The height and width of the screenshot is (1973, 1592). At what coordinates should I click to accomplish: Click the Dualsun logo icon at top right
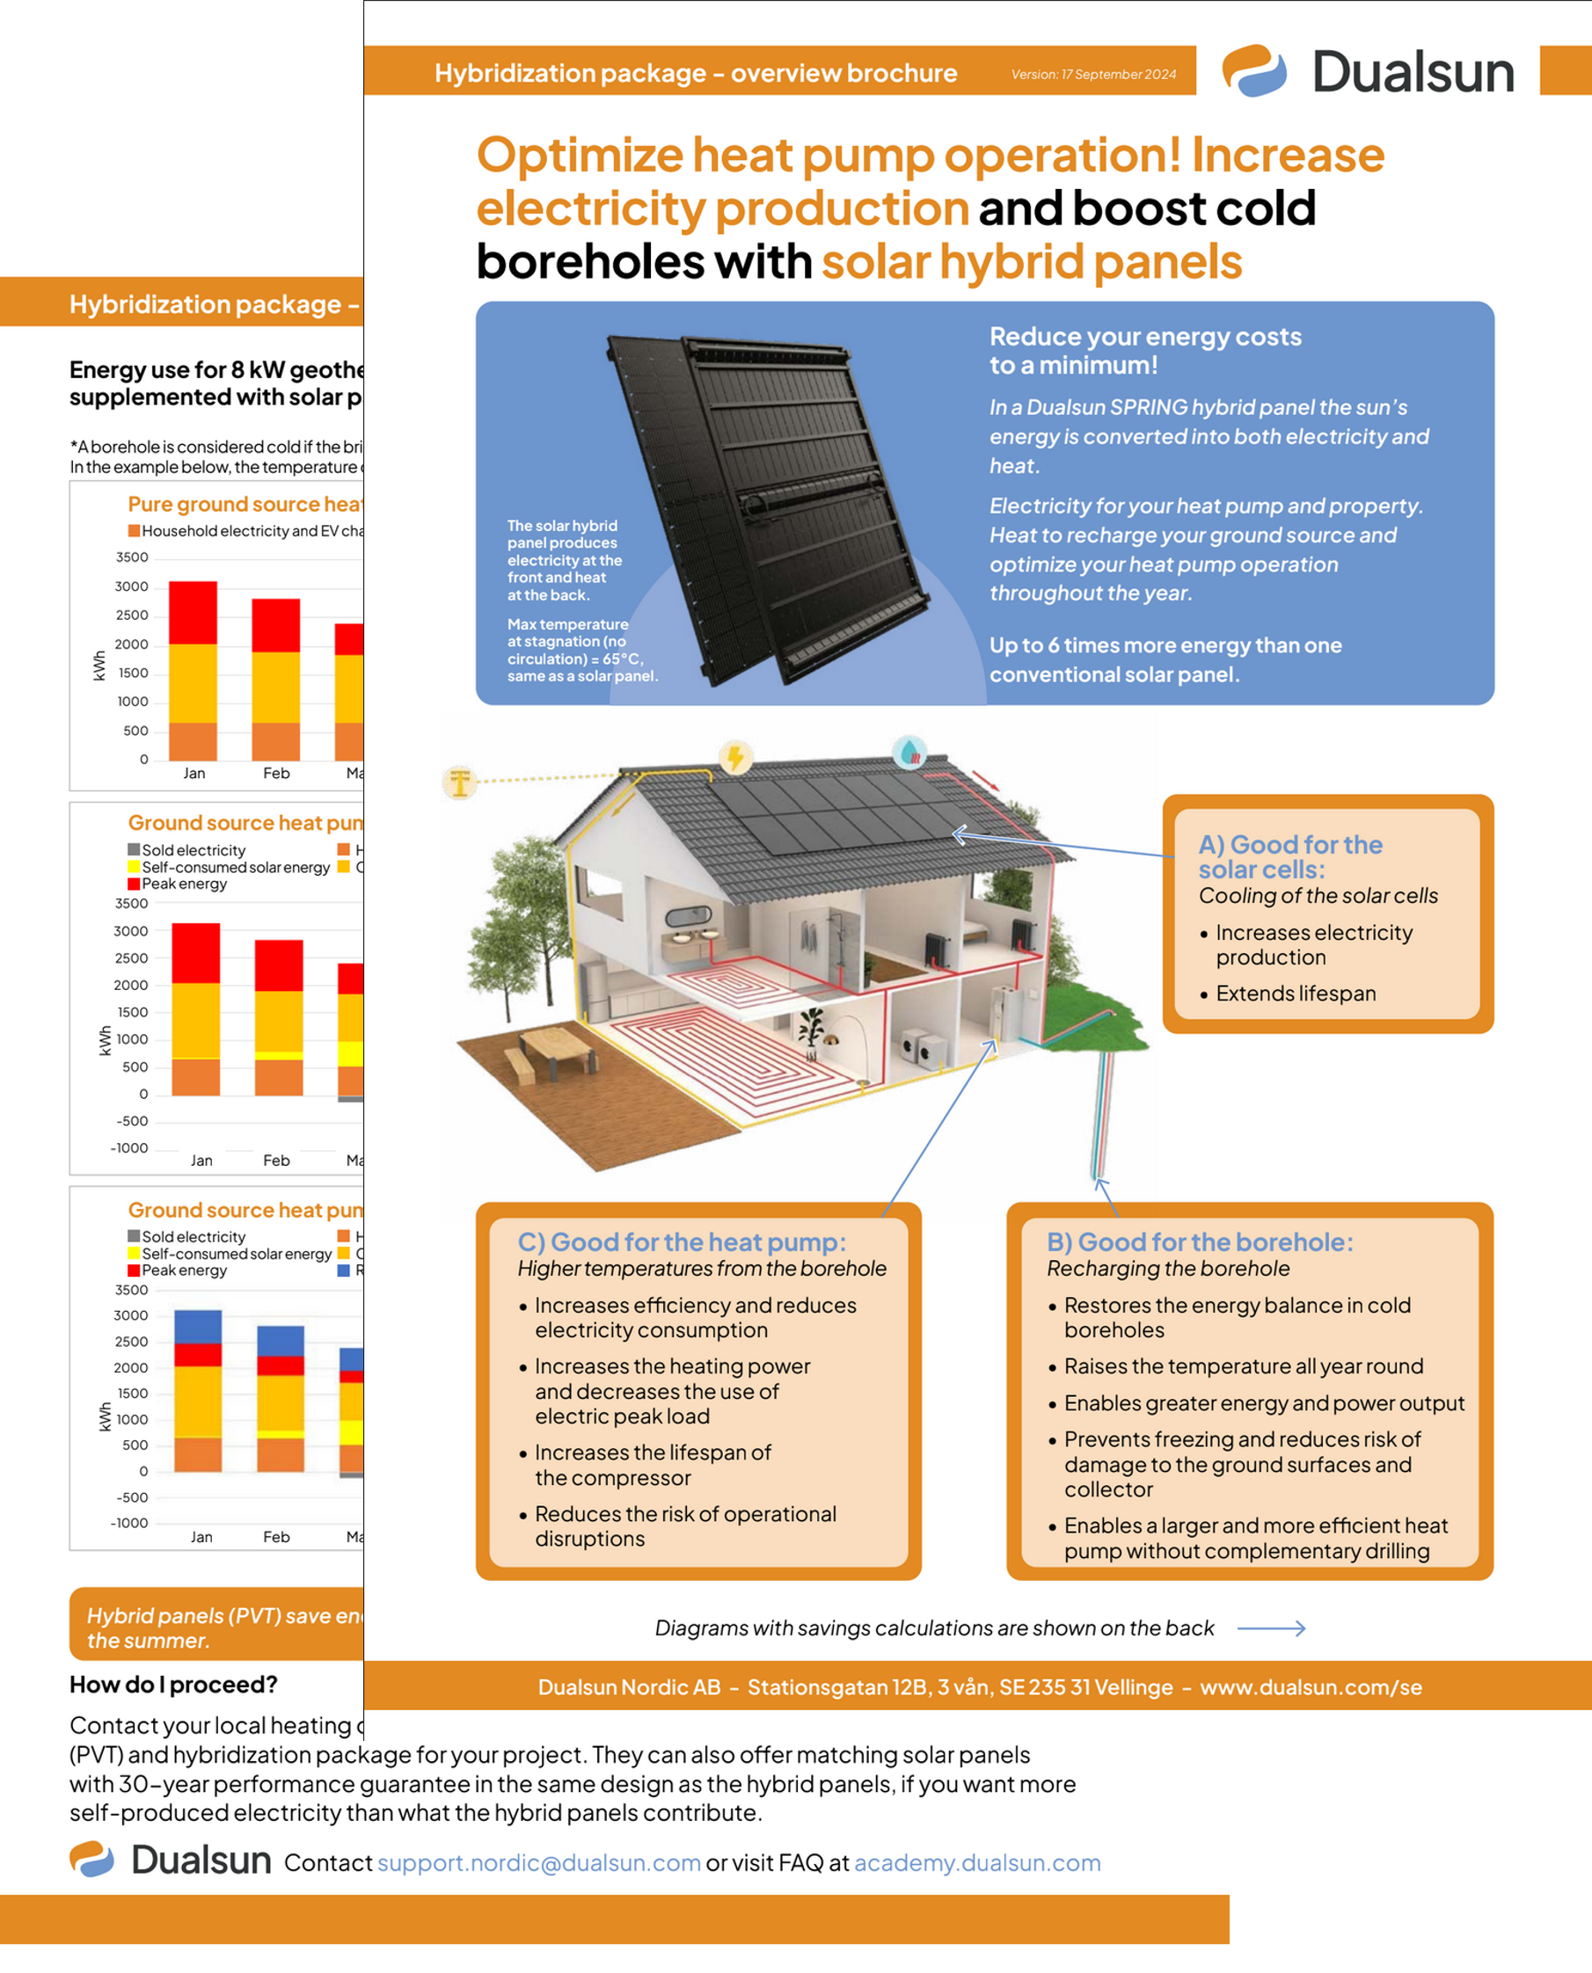pos(1253,70)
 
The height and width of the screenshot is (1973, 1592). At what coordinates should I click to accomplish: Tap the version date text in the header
pos(1093,74)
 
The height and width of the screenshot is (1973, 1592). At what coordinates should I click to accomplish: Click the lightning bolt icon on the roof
pos(734,757)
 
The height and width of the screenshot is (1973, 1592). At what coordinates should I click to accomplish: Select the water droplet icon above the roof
pos(909,752)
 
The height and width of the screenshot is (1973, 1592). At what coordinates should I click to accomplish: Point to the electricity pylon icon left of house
pos(460,782)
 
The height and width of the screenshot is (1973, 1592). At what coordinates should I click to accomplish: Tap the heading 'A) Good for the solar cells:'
pos(1289,856)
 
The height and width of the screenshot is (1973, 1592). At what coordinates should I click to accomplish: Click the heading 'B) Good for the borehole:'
pos(1200,1241)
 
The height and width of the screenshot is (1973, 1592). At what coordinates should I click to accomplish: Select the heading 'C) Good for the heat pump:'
pos(682,1241)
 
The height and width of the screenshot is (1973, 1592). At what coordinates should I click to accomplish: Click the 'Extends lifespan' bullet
pos(1295,993)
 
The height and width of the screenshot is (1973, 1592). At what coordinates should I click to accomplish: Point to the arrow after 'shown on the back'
pos(1271,1628)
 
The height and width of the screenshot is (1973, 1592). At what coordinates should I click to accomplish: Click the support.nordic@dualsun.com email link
pos(539,1862)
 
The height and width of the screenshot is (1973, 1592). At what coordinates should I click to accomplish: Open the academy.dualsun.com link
pos(976,1862)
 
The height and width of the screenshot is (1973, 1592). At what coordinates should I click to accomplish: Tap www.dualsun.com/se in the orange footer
pos(1311,1687)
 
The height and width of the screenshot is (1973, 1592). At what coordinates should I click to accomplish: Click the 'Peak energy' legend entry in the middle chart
pos(184,884)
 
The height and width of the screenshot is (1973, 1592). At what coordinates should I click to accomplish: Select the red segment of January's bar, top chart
pos(193,613)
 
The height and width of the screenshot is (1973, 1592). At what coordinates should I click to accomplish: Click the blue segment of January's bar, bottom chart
pos(197,1326)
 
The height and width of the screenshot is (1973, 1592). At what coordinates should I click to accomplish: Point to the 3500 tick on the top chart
pos(132,557)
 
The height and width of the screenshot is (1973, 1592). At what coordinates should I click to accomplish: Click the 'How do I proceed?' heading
pos(173,1685)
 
